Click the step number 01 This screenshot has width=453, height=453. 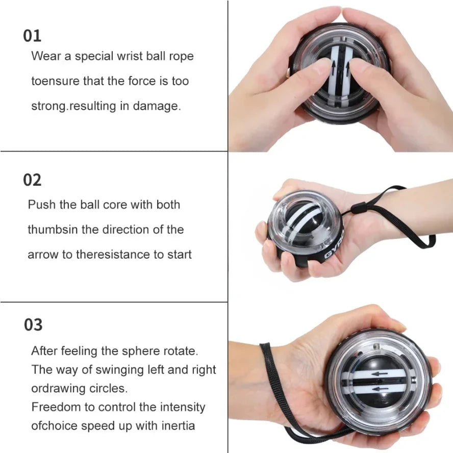click(32, 36)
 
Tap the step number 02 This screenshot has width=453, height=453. click(32, 180)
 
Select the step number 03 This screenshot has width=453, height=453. click(33, 324)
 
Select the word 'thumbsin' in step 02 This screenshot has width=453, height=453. click(53, 230)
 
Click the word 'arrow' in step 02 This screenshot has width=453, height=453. click(43, 254)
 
